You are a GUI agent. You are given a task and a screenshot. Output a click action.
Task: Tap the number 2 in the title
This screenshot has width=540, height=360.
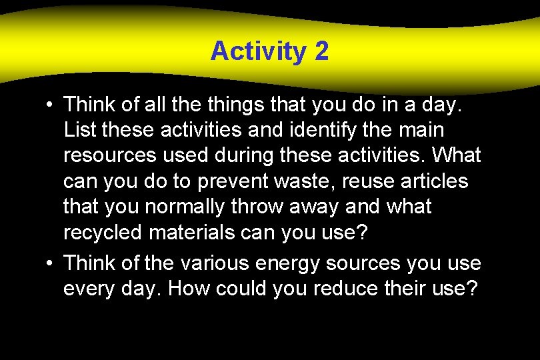coord(319,51)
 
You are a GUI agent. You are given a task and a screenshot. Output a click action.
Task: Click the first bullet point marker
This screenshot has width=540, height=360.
coord(50,105)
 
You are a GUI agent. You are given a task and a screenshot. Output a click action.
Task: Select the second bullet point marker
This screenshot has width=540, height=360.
coord(50,263)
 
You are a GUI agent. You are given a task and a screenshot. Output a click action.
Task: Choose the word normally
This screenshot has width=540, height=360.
coord(189,207)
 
